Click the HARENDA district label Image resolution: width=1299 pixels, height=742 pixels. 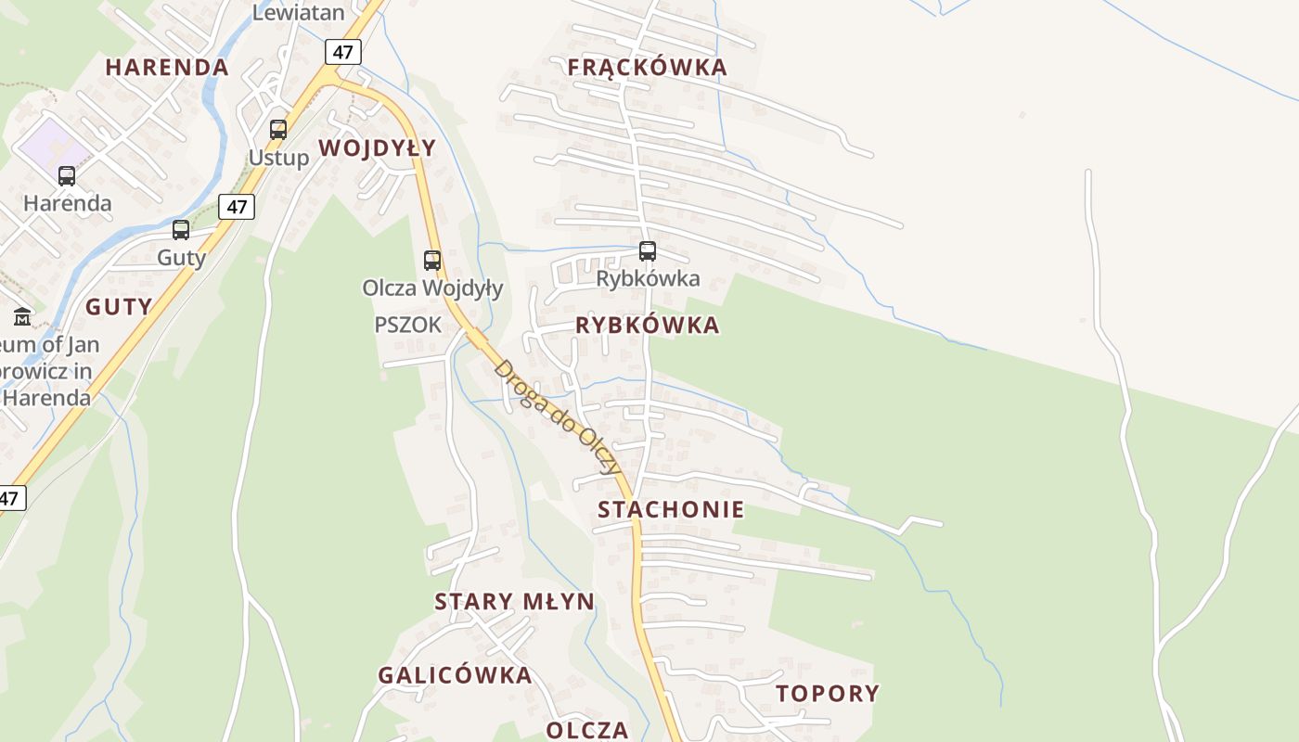point(167,68)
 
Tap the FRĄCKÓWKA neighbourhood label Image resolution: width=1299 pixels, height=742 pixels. point(647,68)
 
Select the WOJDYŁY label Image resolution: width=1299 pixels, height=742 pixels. point(377,148)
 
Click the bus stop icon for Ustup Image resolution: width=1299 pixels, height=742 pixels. point(278,130)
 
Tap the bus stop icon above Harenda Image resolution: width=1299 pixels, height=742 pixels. point(67,176)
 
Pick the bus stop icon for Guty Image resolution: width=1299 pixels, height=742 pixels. point(181,230)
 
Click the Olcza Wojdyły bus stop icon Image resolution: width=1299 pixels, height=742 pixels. point(432,261)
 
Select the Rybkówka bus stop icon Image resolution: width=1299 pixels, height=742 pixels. point(648,251)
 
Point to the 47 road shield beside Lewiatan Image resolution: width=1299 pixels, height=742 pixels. point(342,52)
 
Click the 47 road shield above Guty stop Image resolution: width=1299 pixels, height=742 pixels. point(237,207)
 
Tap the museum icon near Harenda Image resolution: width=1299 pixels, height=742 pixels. point(22,317)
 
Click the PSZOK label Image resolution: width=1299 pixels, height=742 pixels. point(408,325)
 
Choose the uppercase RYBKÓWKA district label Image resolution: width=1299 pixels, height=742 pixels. point(648,326)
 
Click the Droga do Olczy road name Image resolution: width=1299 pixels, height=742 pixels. point(558,416)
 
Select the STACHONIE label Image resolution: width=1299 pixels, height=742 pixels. point(671,509)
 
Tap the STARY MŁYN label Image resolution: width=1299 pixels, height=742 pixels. point(515,602)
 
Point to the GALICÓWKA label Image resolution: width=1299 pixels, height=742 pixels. point(455,675)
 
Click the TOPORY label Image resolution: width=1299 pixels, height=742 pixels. point(828,694)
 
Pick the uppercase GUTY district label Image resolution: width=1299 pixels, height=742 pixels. point(119,307)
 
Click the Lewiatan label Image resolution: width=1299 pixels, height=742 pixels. point(298,12)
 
